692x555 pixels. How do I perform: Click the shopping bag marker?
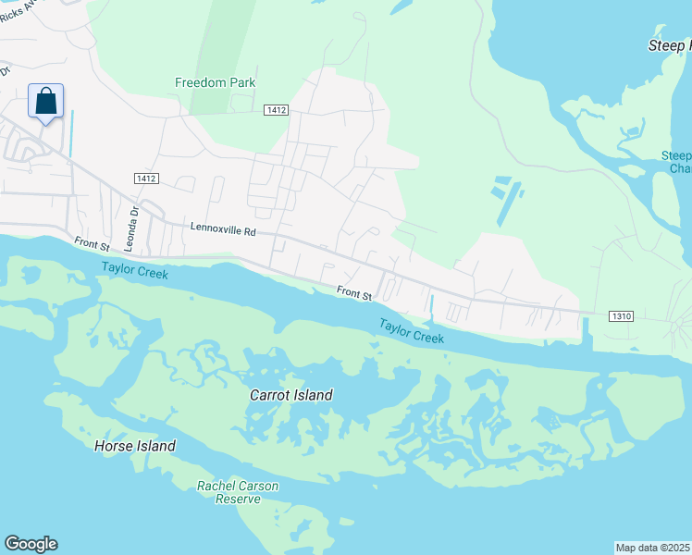[46, 102]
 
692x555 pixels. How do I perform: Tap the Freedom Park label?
[215, 82]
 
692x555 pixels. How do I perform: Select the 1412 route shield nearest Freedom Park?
[276, 110]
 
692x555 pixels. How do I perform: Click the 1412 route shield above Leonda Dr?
[146, 178]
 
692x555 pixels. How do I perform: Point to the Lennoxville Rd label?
[223, 227]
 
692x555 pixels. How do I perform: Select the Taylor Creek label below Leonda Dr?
[135, 271]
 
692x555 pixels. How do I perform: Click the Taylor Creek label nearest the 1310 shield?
[411, 331]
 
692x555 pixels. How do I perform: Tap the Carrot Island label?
[290, 395]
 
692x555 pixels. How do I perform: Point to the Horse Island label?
[135, 446]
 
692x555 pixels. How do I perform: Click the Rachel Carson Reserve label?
[238, 492]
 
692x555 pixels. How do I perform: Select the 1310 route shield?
[621, 316]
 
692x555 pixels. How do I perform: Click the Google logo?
[31, 544]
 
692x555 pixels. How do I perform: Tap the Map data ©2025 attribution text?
[653, 547]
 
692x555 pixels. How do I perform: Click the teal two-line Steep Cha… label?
[677, 162]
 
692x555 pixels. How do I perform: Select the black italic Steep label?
[668, 45]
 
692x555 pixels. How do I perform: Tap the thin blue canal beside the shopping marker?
[70, 134]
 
